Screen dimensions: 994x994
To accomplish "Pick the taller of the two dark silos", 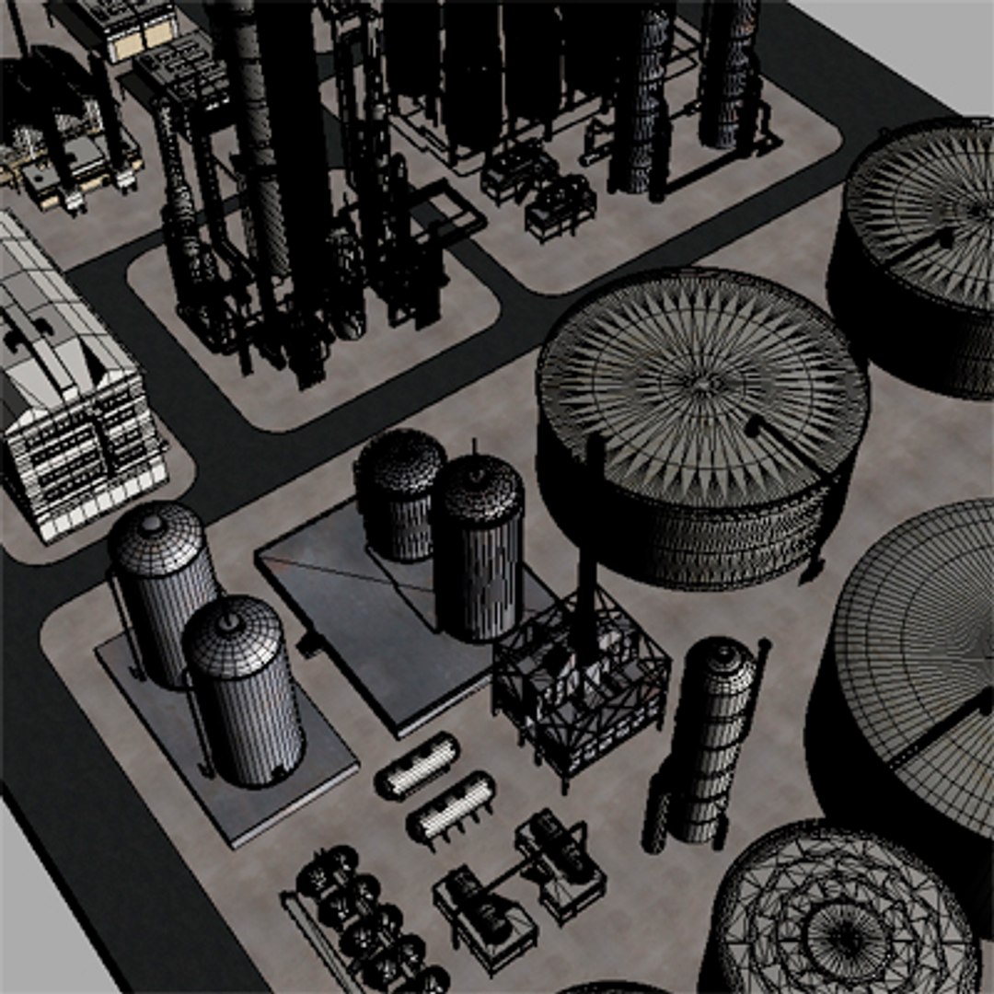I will [478, 552].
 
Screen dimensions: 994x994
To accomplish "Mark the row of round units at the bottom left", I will [368, 920].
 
